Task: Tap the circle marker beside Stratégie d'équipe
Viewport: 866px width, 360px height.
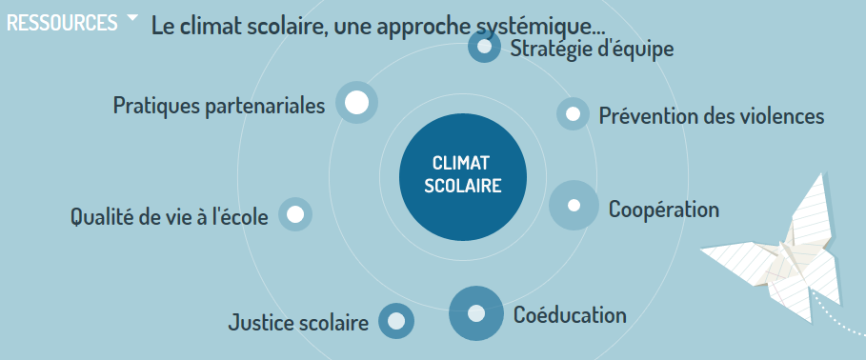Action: (485, 47)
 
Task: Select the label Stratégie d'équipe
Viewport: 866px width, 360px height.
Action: (592, 49)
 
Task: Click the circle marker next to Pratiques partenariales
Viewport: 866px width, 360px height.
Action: (356, 102)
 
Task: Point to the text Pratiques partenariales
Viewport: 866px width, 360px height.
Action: (219, 105)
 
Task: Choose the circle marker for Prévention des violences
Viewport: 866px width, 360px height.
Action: (573, 114)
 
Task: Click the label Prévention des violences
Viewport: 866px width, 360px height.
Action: (711, 116)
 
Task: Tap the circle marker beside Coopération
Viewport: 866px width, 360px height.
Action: (574, 205)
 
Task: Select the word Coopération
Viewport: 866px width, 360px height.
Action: (663, 209)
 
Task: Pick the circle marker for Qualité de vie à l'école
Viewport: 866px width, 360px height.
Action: (294, 214)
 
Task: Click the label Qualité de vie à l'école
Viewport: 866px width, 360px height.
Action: (170, 217)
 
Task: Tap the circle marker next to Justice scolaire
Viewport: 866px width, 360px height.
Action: (396, 320)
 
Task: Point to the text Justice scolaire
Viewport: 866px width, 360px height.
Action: (298, 324)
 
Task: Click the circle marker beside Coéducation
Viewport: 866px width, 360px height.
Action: (475, 312)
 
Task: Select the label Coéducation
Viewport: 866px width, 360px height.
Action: (570, 314)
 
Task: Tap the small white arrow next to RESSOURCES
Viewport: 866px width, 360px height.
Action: (132, 18)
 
